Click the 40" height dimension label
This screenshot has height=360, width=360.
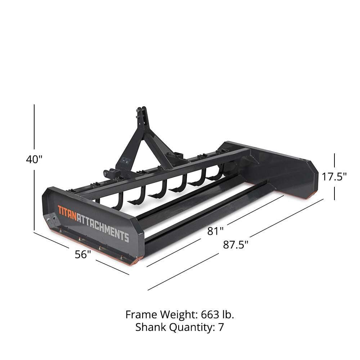[34, 159]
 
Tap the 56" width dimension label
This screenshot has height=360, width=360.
[83, 254]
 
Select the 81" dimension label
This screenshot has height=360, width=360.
[215, 231]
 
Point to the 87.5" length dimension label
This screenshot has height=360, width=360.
[236, 245]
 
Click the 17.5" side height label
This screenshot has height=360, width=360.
[334, 176]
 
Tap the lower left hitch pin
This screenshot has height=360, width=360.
[107, 174]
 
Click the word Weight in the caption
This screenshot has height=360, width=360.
[177, 315]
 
